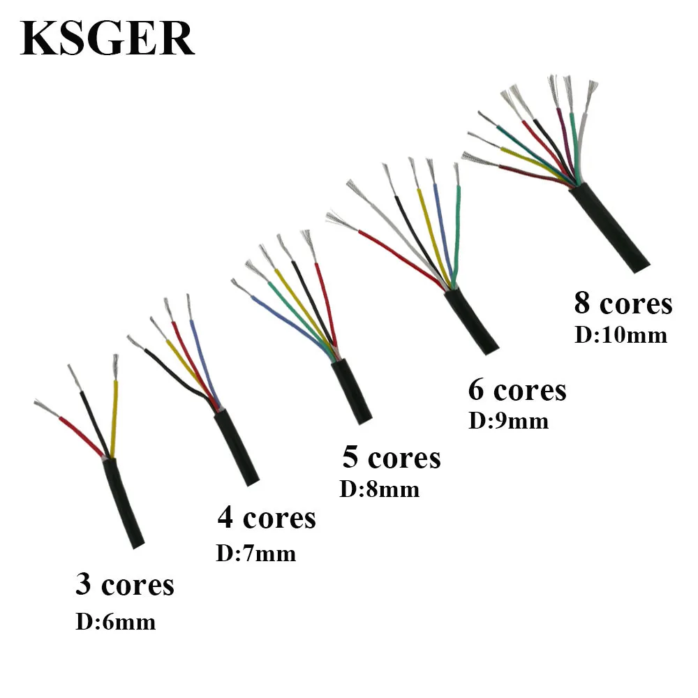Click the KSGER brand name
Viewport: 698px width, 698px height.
coord(107,39)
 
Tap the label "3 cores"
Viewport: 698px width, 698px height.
coord(125,585)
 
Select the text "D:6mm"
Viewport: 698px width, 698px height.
coord(115,621)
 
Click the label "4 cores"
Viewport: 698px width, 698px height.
coord(267,518)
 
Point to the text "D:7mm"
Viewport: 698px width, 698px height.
coord(256,554)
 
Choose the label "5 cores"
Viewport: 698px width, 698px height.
coord(392,458)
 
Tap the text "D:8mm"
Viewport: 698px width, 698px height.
coord(380,489)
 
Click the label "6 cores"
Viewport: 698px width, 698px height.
coord(517,389)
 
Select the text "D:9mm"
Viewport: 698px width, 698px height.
coord(508,421)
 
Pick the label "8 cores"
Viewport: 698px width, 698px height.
coord(623,304)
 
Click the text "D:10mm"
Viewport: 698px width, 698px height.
coord(621,335)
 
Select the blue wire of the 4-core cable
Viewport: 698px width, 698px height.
coord(202,363)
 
